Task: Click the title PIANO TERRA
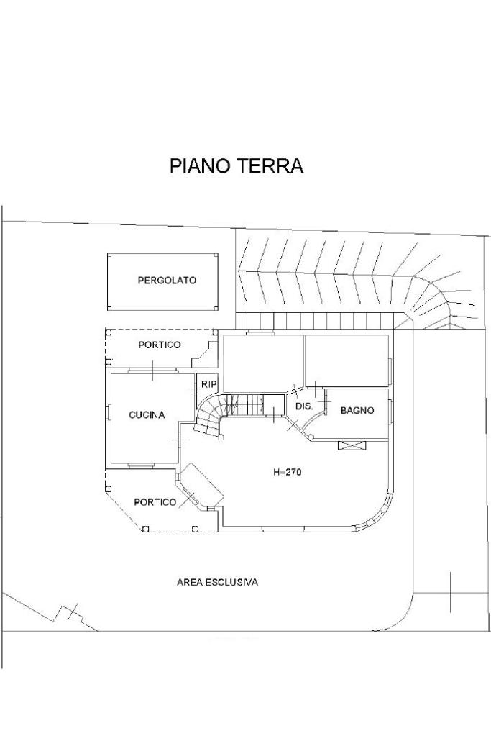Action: (236, 166)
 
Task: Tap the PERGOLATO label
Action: (167, 281)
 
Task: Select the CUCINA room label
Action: (147, 415)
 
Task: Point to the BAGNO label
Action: (357, 411)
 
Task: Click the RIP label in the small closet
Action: (208, 384)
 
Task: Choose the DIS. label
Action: (305, 406)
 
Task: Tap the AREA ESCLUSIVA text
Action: (217, 582)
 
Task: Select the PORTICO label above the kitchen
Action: (160, 345)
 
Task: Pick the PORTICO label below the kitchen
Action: (155, 502)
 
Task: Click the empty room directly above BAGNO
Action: (348, 360)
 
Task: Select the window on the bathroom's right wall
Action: (391, 411)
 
